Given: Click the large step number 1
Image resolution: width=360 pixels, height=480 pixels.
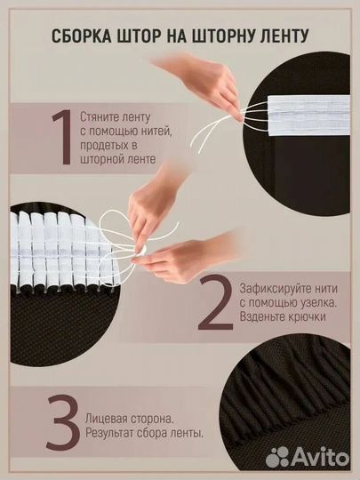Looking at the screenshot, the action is point(63,137).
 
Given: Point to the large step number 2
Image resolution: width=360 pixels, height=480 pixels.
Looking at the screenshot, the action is point(215,302).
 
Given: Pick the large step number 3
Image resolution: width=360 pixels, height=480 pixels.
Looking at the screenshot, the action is point(63,422).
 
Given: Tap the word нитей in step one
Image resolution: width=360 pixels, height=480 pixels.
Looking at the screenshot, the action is point(159,132).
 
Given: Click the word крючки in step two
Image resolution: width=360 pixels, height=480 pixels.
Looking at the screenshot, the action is point(307,316).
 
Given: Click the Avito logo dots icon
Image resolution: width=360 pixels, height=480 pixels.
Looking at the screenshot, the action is point(277,457).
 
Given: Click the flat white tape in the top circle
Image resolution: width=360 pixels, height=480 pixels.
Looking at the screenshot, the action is point(308,115).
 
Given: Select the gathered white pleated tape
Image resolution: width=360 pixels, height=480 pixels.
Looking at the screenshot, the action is point(61,251).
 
